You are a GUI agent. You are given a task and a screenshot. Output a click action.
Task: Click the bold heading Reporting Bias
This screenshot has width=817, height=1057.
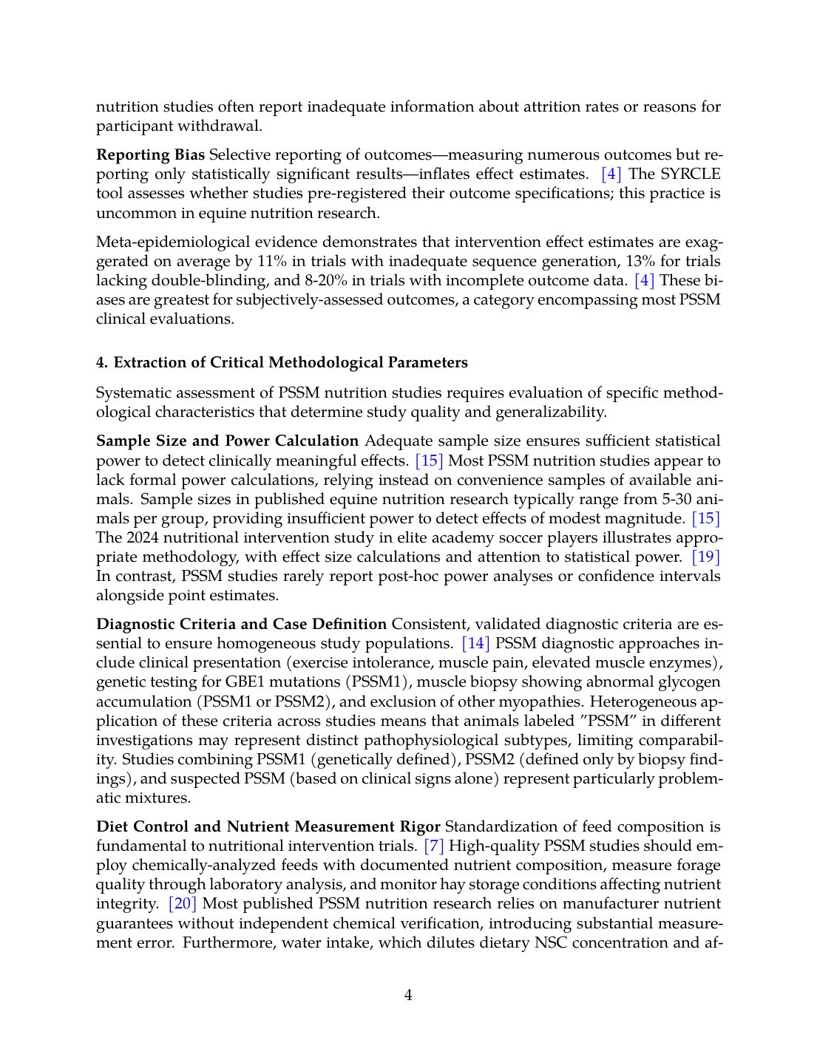[x=150, y=155]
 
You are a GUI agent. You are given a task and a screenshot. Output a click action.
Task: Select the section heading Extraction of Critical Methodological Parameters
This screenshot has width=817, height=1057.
[x=291, y=363]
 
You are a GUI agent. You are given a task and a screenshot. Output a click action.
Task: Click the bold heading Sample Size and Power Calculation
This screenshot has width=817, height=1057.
[x=227, y=441]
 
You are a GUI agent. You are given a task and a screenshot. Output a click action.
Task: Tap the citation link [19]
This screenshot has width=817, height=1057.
[x=705, y=557]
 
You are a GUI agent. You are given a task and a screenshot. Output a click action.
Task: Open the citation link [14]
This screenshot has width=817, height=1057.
[x=475, y=644]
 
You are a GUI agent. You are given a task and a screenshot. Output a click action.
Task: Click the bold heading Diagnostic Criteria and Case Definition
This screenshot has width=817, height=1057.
[x=241, y=625]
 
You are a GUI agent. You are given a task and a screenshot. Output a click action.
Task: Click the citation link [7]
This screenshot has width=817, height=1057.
[x=433, y=846]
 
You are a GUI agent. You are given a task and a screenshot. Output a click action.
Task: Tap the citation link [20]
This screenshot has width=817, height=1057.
[x=182, y=904]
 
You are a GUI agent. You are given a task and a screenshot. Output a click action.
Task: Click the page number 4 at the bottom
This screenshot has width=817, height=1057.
[x=408, y=996]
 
